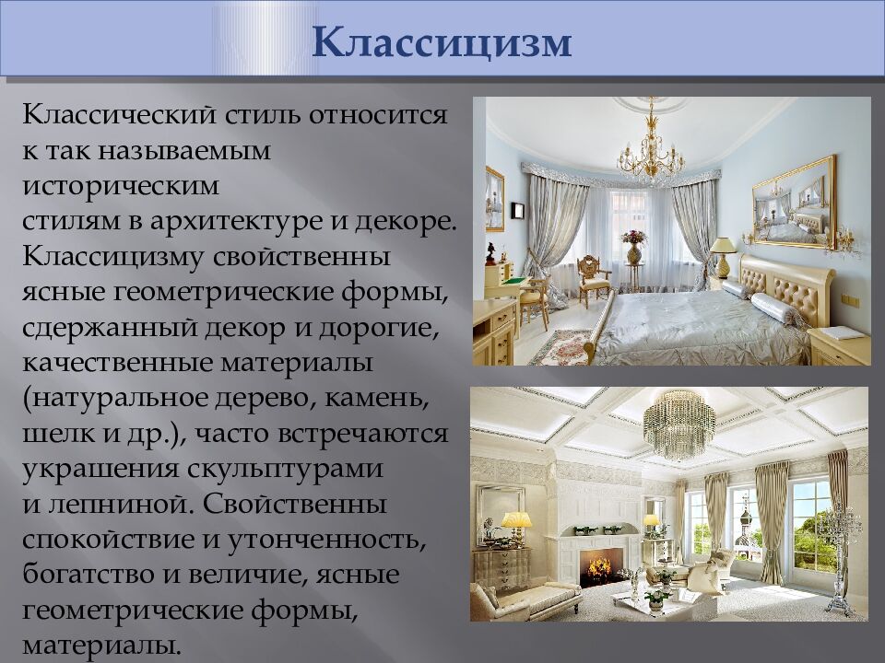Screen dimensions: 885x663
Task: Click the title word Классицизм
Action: point(442,41)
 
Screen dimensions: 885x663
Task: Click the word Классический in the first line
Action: point(119,115)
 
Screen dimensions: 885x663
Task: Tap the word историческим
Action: point(121,185)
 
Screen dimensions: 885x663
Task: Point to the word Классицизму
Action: point(112,257)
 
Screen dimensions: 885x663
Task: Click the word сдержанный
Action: point(110,327)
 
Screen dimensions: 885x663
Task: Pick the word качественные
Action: point(117,363)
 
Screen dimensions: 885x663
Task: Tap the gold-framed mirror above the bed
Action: point(794,203)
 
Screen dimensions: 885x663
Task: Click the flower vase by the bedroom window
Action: point(634,247)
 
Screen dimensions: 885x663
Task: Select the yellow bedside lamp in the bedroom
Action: point(723,257)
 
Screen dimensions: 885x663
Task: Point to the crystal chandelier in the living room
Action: point(679,424)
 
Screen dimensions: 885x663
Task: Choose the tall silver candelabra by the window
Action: point(842,560)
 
